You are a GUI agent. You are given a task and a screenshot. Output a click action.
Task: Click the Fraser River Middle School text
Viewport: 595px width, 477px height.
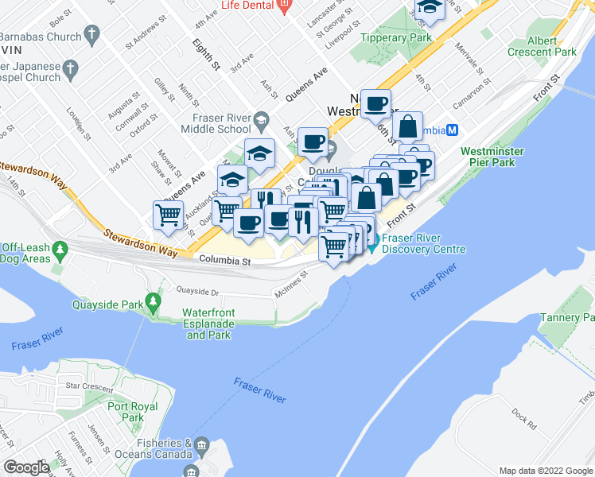(x=215, y=123)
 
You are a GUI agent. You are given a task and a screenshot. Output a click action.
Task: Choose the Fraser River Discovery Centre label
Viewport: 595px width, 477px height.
(x=423, y=243)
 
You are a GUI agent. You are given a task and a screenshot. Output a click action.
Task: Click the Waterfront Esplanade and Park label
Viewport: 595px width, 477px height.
(x=208, y=324)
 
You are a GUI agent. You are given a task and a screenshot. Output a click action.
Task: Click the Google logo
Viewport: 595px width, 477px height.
(x=27, y=467)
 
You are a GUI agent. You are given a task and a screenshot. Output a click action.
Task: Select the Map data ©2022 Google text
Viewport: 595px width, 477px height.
(x=545, y=471)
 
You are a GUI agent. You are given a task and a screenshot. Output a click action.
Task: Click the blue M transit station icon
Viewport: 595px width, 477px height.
(x=452, y=130)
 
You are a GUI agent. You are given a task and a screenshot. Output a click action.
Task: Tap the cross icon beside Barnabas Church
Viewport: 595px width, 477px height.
(x=93, y=34)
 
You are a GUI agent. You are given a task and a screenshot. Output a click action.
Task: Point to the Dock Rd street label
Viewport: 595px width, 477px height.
(x=524, y=415)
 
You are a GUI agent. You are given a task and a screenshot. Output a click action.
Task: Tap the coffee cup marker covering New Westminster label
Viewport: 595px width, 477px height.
(x=377, y=103)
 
